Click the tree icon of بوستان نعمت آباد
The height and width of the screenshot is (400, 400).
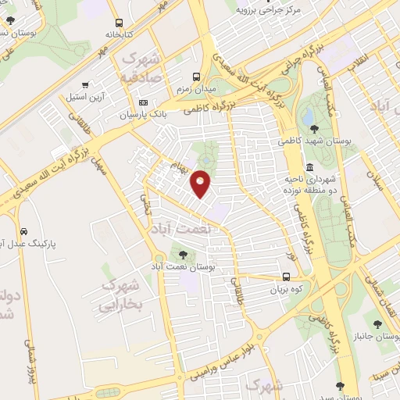(x=183, y=254)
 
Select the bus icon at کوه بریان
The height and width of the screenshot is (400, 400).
(x=287, y=277)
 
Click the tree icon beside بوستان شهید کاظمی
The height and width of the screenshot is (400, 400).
(x=314, y=128)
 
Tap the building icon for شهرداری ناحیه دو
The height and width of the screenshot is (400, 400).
(x=310, y=167)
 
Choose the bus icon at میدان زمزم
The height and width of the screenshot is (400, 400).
(x=195, y=77)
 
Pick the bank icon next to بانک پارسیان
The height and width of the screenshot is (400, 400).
(x=143, y=102)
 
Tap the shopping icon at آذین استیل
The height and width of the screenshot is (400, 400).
(x=84, y=85)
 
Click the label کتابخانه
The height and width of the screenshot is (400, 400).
(x=119, y=35)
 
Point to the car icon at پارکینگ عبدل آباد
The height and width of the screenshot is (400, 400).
(x=25, y=231)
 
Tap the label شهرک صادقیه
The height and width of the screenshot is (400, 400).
(x=141, y=68)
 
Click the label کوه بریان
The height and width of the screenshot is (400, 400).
(x=286, y=289)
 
